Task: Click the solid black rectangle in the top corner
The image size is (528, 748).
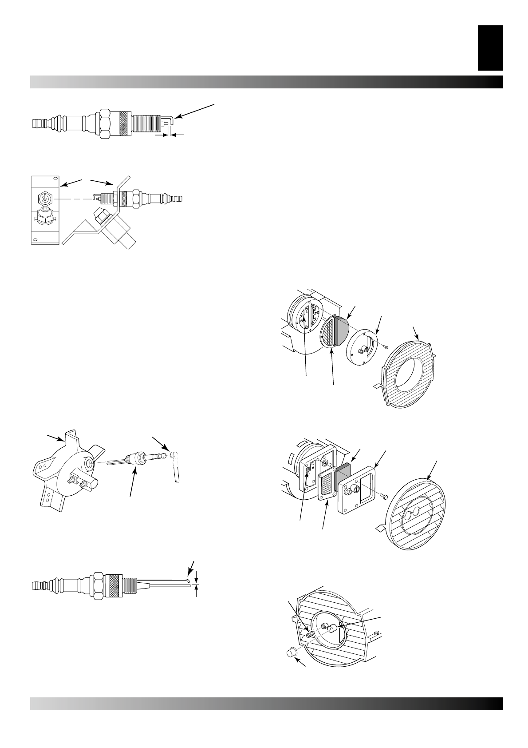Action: pyautogui.click(x=490, y=48)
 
